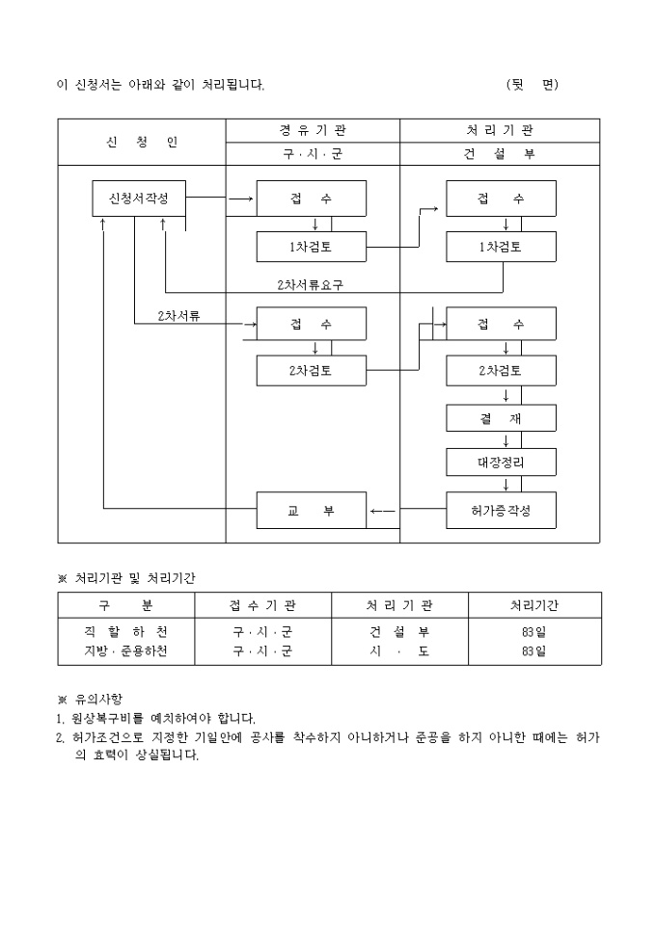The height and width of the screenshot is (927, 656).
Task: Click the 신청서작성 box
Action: click(x=139, y=199)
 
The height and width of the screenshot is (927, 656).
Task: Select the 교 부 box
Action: click(x=312, y=510)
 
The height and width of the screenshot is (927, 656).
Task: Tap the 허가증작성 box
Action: click(x=501, y=510)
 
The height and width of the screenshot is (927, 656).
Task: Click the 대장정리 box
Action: click(x=501, y=463)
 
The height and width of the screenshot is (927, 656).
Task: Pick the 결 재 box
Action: click(x=501, y=418)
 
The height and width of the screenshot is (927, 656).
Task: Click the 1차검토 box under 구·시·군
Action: click(x=312, y=247)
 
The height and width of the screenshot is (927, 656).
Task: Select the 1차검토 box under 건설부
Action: click(x=501, y=247)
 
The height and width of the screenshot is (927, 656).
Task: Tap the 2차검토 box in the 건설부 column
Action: click(x=501, y=371)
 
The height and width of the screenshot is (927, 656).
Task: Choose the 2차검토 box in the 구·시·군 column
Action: click(x=312, y=371)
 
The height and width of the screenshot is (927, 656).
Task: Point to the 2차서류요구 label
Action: click(x=311, y=285)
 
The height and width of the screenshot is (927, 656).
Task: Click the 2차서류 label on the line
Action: click(x=178, y=316)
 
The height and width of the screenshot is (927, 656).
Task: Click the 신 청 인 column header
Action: click(x=142, y=143)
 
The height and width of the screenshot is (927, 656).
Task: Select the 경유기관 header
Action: click(x=313, y=130)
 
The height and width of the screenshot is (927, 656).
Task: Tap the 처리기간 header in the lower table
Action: click(x=534, y=605)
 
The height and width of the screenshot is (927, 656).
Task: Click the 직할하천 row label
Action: click(x=126, y=632)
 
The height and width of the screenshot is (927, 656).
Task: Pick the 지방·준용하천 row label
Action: click(x=126, y=651)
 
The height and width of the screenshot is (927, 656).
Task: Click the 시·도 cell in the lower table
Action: click(x=399, y=651)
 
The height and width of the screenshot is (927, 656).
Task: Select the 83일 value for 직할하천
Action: click(x=534, y=632)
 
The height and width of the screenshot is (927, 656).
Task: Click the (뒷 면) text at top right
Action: click(x=533, y=85)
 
